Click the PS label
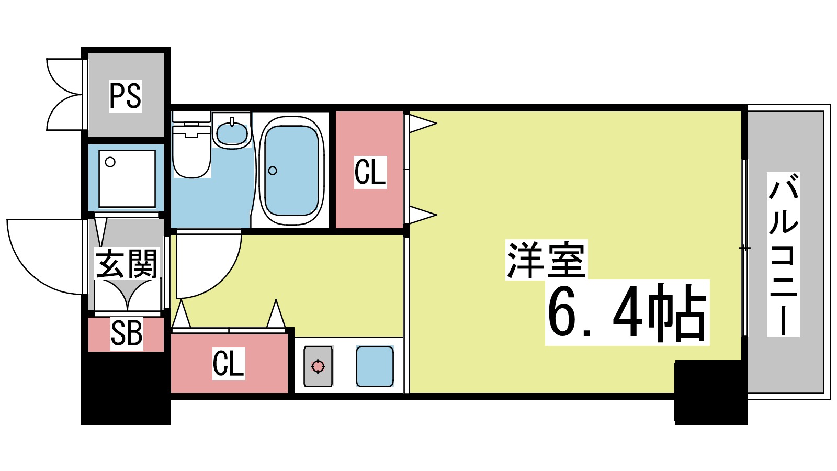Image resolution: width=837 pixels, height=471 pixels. pos(126,96)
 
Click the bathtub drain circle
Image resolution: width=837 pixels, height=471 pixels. pos(273,171)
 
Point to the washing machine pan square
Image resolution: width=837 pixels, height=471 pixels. pos(127,178)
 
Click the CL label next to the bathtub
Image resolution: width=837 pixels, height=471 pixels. pos(370,172)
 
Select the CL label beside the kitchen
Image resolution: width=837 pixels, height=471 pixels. pos(229,363)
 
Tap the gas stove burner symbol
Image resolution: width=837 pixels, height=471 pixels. pos(318,366)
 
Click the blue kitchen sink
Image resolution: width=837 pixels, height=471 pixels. pos(375,366)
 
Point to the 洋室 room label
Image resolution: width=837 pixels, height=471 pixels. pos(546,260)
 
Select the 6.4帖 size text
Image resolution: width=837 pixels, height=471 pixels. pos(627,313)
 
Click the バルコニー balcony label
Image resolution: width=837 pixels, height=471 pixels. pos(783,254)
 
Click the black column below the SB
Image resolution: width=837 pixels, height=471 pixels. pos(126,387)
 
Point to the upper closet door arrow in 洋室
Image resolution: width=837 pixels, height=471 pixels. pos(422,124)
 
